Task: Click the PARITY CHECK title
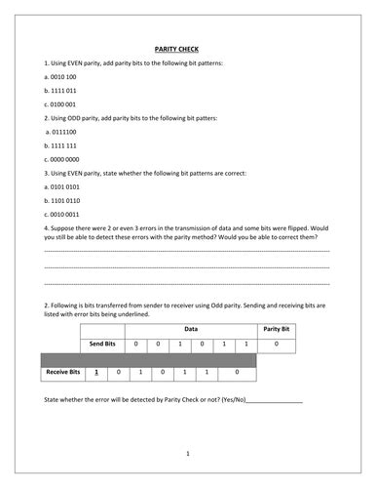[187, 48]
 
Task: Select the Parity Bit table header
[277, 329]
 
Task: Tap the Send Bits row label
[103, 345]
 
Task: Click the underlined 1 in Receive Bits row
[96, 373]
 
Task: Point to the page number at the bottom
[187, 453]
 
